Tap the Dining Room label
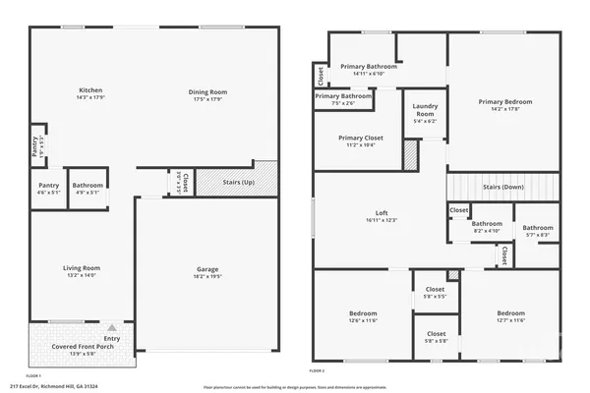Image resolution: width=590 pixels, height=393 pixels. [x=207, y=92]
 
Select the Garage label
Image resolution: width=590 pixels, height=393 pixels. [x=207, y=269]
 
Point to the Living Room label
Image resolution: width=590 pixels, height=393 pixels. [x=83, y=267]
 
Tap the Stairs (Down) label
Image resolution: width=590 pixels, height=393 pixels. [x=502, y=187]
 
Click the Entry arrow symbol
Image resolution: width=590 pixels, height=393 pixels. [x=113, y=328]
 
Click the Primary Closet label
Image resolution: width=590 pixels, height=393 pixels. [x=360, y=139]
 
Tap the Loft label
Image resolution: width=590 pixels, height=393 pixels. [x=383, y=213]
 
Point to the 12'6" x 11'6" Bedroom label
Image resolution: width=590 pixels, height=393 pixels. [x=363, y=314]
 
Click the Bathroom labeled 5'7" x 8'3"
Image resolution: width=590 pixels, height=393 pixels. [x=537, y=229]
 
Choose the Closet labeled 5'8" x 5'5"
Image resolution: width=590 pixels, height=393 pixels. [x=435, y=290]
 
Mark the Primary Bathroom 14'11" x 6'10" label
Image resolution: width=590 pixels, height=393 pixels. [x=368, y=67]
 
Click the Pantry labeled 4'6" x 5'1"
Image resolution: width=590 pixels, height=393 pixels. [x=48, y=186]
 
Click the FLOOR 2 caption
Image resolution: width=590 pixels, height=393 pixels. [x=317, y=371]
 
